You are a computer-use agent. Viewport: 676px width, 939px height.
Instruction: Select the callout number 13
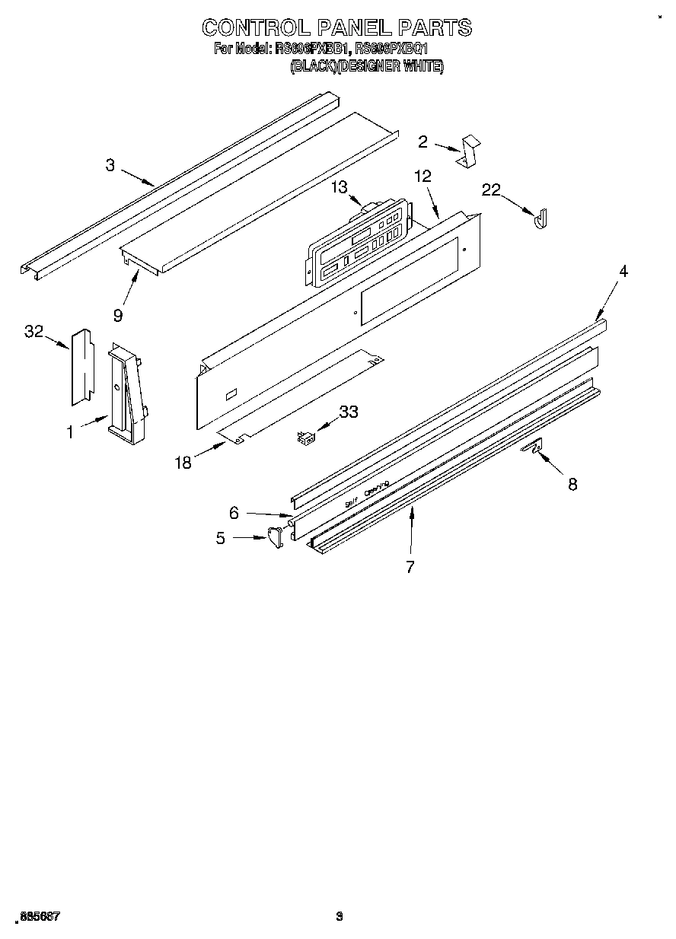point(339,187)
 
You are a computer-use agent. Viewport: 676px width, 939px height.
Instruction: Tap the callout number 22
point(491,189)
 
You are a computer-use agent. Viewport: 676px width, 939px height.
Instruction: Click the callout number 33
point(348,412)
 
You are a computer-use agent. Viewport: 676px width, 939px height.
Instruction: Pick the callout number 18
point(183,462)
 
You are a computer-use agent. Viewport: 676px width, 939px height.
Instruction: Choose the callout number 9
point(118,313)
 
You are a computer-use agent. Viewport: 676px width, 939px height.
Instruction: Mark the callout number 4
point(623,271)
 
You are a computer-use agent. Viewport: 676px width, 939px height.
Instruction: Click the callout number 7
point(410,566)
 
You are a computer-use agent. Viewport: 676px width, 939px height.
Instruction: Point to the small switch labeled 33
point(306,438)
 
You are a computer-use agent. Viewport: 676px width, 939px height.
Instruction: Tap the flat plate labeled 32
point(81,366)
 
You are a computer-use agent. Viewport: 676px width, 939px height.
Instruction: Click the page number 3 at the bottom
point(340,917)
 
